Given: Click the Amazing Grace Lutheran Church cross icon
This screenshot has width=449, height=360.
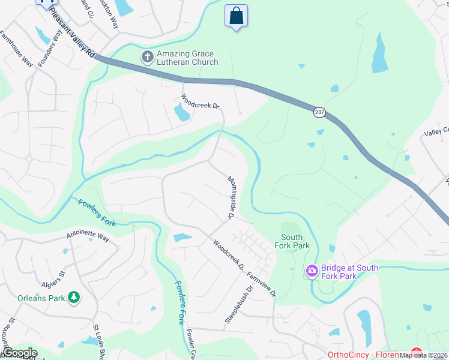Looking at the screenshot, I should click(147, 58).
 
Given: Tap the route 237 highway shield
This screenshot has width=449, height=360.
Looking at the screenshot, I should click(318, 112).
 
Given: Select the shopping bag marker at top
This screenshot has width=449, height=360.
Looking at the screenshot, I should click(237, 16).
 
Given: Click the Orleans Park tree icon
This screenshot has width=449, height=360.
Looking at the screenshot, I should click(74, 298).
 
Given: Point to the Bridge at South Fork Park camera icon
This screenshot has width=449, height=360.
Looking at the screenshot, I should click(312, 272).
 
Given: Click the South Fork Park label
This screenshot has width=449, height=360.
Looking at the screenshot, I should click(292, 241).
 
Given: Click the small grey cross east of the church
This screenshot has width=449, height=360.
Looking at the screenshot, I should click(301, 66).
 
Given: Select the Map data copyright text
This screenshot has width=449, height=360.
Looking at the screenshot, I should click(424, 355).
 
